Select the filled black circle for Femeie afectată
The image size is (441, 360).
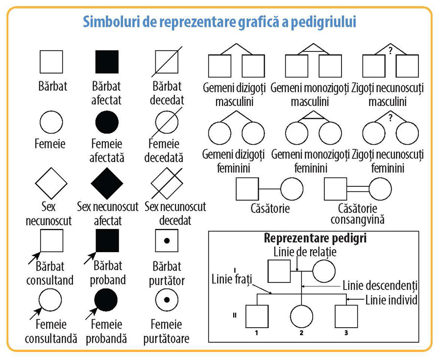[x=107, y=122]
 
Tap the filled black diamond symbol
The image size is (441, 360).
[x=107, y=183]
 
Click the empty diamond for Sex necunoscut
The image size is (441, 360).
[x=51, y=183]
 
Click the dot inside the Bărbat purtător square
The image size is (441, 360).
[x=166, y=241]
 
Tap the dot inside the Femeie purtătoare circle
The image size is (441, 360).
[x=166, y=300]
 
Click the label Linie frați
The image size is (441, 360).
[x=232, y=280]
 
